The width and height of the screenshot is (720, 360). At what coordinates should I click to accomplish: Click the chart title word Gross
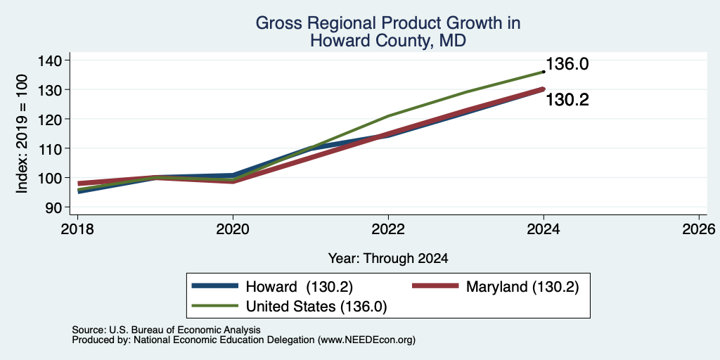(276, 23)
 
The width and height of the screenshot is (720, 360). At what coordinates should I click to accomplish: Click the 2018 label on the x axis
(77, 229)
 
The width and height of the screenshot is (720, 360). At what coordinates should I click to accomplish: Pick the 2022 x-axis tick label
(388, 229)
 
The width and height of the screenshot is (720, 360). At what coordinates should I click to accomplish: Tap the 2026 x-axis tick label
(699, 229)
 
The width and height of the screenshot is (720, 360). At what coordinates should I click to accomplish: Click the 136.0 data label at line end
(567, 64)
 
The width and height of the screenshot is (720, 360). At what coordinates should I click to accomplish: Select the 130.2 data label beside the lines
(567, 100)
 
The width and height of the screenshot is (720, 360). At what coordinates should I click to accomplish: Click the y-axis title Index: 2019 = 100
(22, 134)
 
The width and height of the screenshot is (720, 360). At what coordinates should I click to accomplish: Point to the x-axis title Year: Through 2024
(388, 259)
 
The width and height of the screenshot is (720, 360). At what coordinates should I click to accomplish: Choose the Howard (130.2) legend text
(300, 287)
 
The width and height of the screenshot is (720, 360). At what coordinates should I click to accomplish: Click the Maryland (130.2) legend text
(522, 287)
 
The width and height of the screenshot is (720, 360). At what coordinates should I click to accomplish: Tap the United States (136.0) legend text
(316, 307)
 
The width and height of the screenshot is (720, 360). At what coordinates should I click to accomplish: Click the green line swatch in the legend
(215, 305)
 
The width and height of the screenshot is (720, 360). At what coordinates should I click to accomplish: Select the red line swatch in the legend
(435, 286)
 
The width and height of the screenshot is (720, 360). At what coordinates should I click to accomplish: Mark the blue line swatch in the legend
(215, 286)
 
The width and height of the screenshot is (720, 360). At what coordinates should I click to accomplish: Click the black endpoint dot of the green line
(544, 72)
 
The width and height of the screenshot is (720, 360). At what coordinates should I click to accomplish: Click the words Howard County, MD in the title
(388, 41)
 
